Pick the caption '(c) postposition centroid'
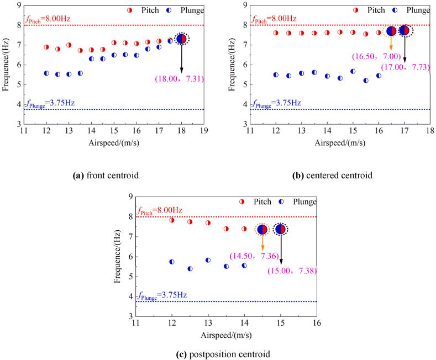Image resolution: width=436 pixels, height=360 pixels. point(218,354)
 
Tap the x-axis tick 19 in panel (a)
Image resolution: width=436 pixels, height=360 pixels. point(204,131)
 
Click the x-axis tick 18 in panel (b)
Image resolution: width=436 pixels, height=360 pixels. point(430,131)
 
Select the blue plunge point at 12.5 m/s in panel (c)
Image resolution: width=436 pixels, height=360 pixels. point(190,269)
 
